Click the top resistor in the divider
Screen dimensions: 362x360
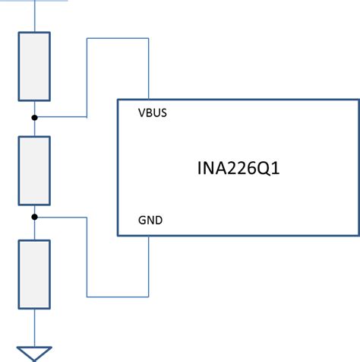click(34, 66)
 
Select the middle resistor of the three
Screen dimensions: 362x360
click(34, 170)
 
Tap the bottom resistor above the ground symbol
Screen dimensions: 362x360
click(34, 275)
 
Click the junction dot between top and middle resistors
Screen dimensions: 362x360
click(34, 117)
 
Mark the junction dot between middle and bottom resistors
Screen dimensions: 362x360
click(34, 217)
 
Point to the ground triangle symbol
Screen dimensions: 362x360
click(34, 352)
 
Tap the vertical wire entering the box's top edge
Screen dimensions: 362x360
click(148, 68)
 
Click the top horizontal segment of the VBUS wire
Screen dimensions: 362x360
click(118, 38)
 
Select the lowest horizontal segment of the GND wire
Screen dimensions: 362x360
click(118, 295)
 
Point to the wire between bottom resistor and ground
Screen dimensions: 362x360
click(34, 325)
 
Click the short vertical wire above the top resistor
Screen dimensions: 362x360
click(34, 16)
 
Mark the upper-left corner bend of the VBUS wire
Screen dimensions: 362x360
click(88, 38)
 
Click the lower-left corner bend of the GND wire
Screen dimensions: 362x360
click(88, 295)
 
